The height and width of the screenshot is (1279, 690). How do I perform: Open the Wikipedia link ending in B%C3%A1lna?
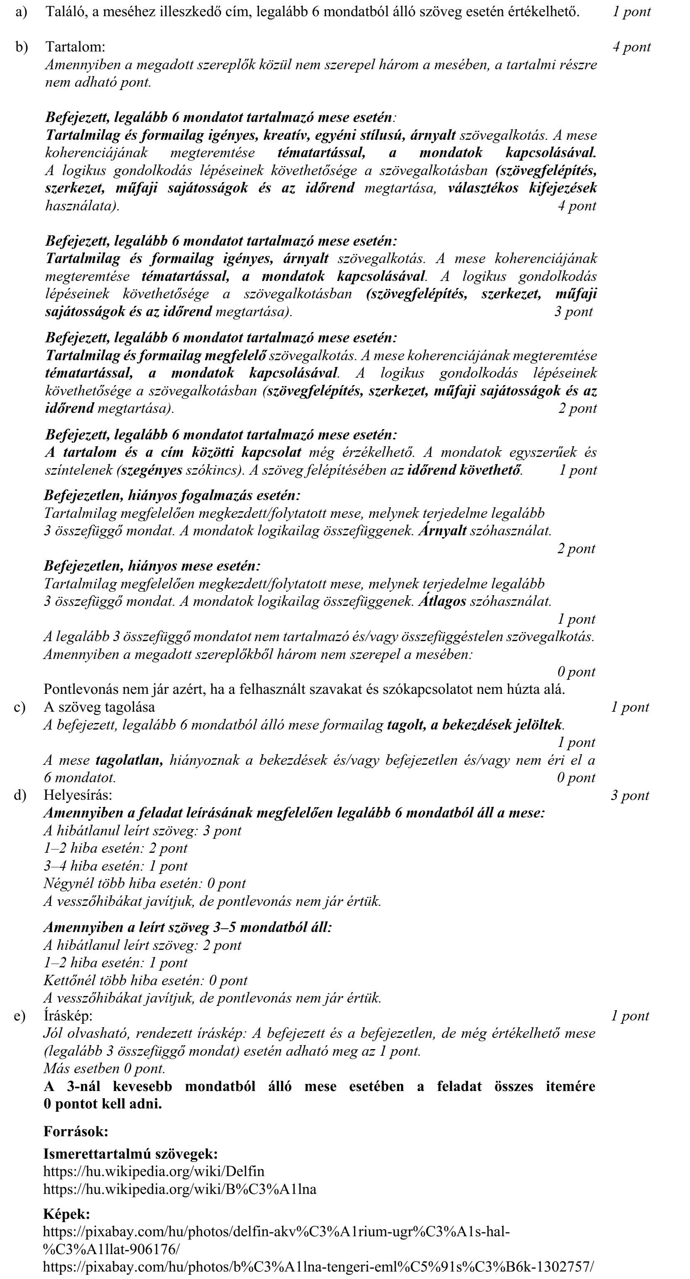[x=180, y=1189]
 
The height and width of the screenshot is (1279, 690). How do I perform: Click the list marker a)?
[x=21, y=12]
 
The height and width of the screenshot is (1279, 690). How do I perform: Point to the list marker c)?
[x=20, y=707]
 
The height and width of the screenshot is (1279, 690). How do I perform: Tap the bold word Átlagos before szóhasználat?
[x=442, y=601]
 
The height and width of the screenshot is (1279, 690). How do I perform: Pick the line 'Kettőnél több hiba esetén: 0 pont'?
[x=146, y=980]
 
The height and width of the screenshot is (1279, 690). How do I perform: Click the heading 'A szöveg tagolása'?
[x=99, y=707]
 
